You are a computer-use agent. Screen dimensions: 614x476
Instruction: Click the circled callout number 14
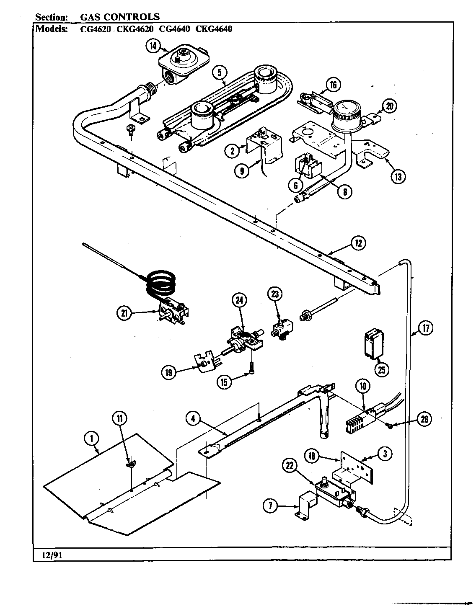click(x=153, y=46)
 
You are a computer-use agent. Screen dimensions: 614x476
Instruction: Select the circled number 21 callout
click(x=125, y=313)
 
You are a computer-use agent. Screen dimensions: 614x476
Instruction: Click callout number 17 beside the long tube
click(x=426, y=328)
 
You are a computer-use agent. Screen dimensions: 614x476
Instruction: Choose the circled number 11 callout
click(x=119, y=418)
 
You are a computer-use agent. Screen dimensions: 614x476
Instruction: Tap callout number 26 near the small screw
click(x=425, y=420)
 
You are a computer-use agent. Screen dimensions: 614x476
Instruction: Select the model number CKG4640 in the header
click(x=214, y=29)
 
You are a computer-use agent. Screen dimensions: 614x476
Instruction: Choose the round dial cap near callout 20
click(x=347, y=112)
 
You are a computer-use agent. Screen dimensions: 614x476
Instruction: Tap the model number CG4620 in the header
click(x=95, y=29)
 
